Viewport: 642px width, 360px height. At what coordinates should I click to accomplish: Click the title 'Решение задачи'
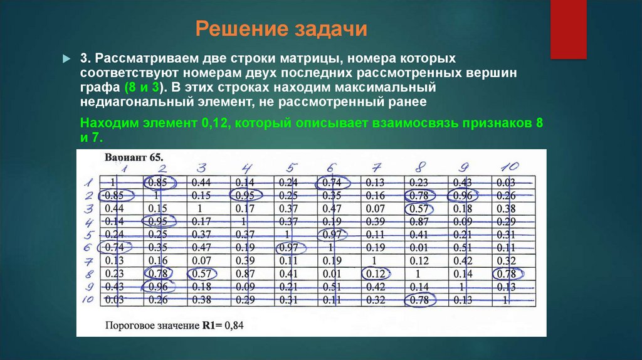tap(281, 29)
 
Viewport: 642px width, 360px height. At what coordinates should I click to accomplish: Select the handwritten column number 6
tap(331, 168)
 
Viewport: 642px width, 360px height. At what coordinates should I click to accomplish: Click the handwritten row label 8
tap(89, 274)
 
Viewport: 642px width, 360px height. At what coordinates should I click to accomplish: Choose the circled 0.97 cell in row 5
tap(331, 235)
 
